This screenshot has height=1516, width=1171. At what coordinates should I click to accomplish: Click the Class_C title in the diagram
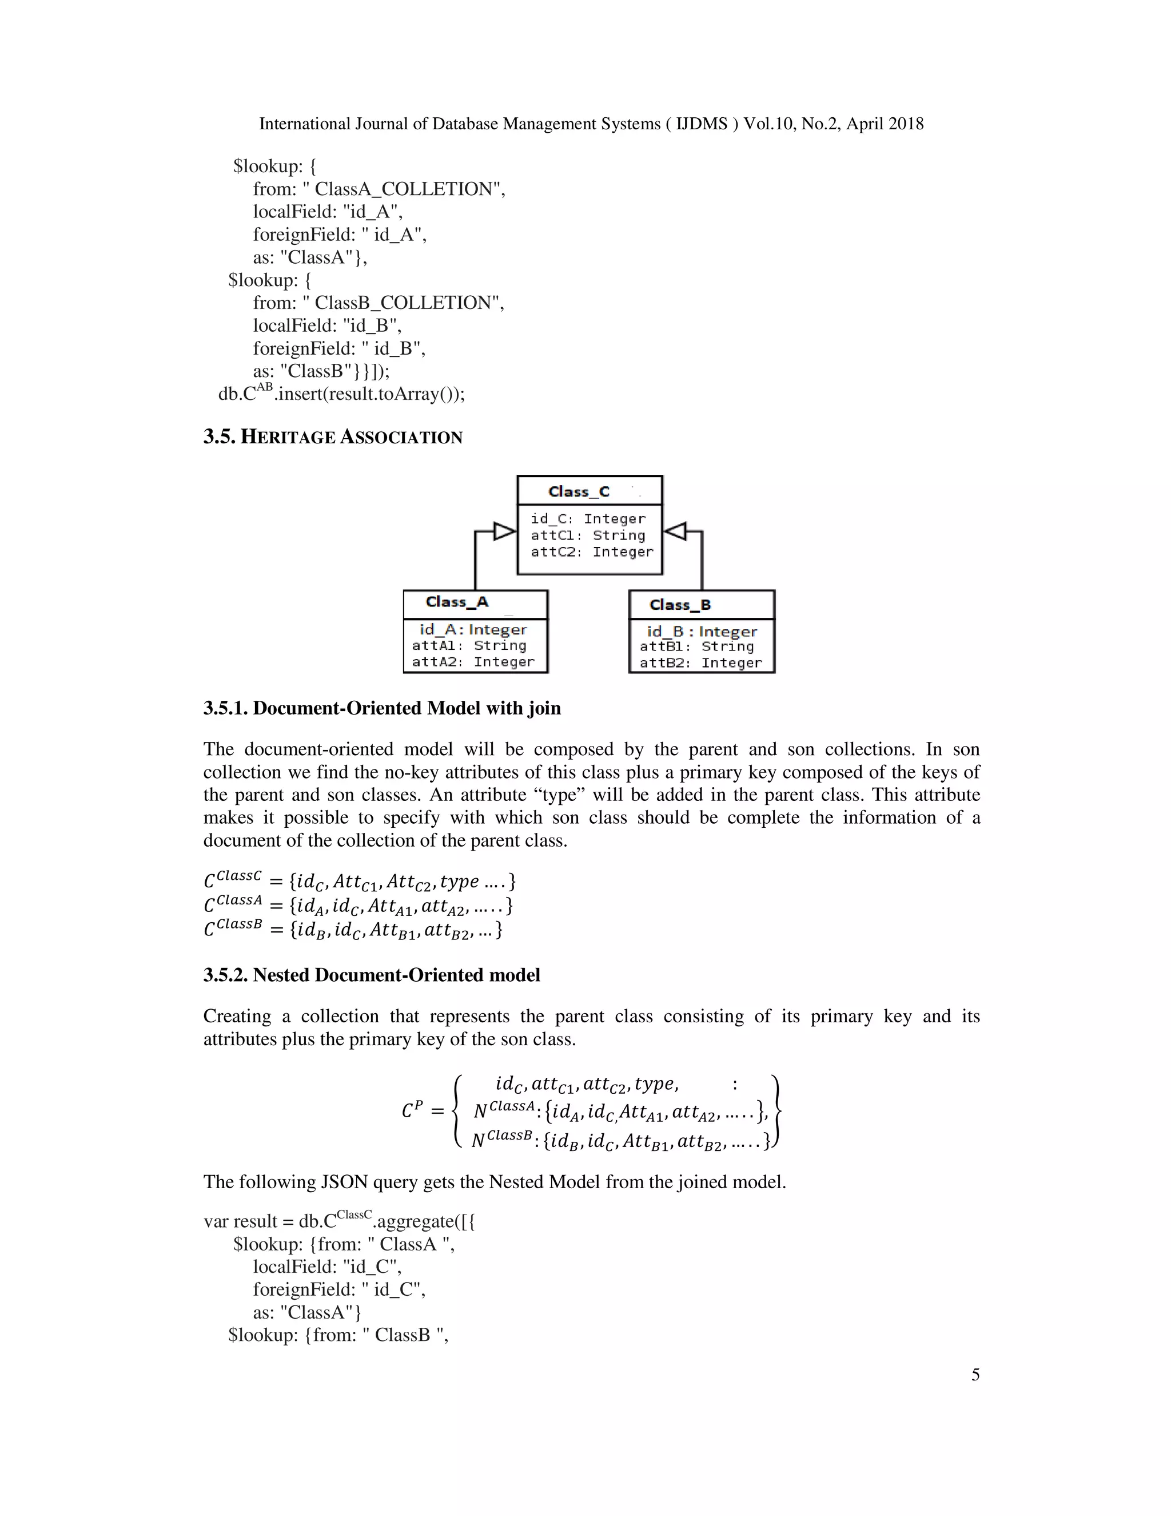pyautogui.click(x=579, y=491)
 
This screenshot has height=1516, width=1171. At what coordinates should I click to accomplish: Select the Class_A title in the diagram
pyautogui.click(x=457, y=602)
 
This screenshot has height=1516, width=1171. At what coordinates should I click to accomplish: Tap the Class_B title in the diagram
pyautogui.click(x=680, y=605)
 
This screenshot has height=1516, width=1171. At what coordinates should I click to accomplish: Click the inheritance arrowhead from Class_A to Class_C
pyautogui.click(x=504, y=531)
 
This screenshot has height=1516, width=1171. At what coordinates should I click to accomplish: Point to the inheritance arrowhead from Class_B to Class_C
pyautogui.click(x=675, y=531)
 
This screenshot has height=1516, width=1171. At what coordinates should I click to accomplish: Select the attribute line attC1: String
pyautogui.click(x=588, y=535)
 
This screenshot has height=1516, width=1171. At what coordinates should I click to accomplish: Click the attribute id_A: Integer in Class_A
pyautogui.click(x=472, y=630)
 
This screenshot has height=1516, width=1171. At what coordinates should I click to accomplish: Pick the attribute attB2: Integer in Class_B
pyautogui.click(x=700, y=663)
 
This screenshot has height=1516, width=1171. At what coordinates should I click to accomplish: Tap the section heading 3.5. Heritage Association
pyautogui.click(x=332, y=437)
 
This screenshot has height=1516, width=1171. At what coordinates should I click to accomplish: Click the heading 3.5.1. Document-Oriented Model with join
pyautogui.click(x=381, y=708)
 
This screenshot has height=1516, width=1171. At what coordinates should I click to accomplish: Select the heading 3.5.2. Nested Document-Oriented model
pyautogui.click(x=371, y=975)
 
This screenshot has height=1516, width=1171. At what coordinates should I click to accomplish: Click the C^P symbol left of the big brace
pyautogui.click(x=412, y=1110)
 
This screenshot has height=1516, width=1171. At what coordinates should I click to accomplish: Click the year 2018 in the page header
pyautogui.click(x=905, y=124)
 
